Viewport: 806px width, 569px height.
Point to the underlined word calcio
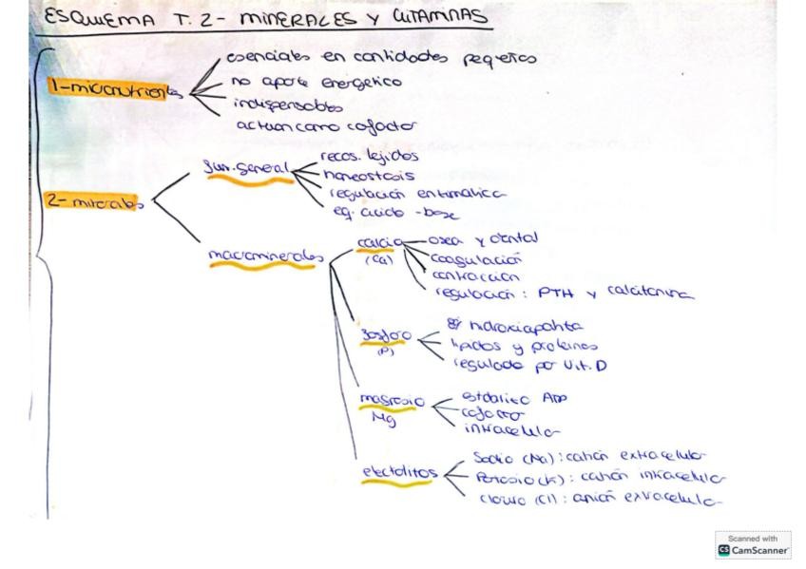(x=379, y=243)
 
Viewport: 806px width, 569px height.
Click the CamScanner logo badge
(x=753, y=545)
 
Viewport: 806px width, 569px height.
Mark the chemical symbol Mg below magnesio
(x=382, y=418)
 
